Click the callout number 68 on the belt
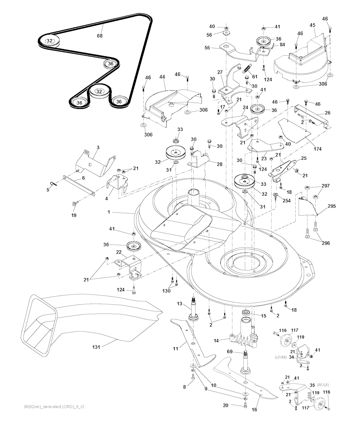[x=100, y=36]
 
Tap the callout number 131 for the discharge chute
[x=96, y=347]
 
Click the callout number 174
[x=317, y=149]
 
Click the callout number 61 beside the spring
[x=255, y=76]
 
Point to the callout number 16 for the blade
[x=255, y=410]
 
